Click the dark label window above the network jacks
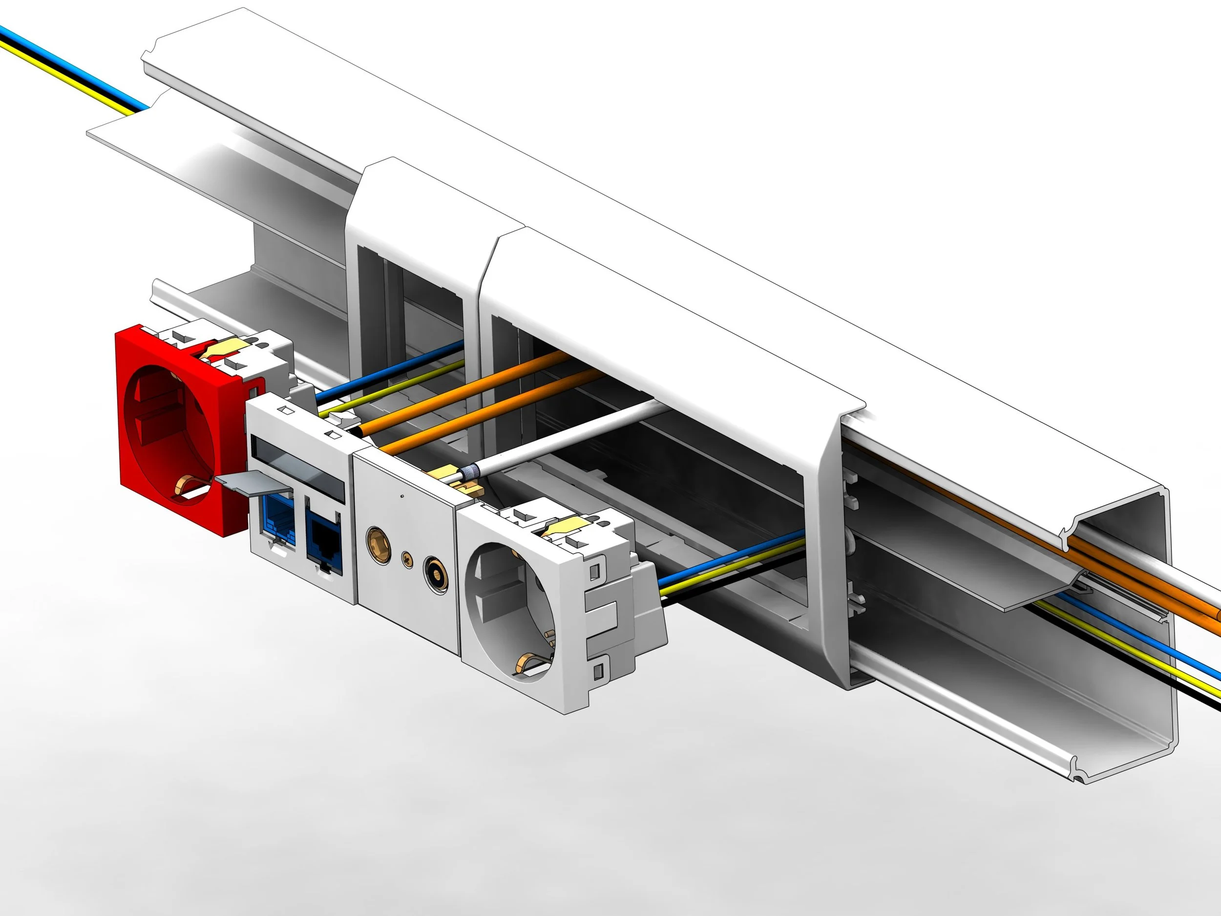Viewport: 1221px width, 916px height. [x=298, y=470]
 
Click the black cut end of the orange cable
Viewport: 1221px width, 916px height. [x=361, y=432]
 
